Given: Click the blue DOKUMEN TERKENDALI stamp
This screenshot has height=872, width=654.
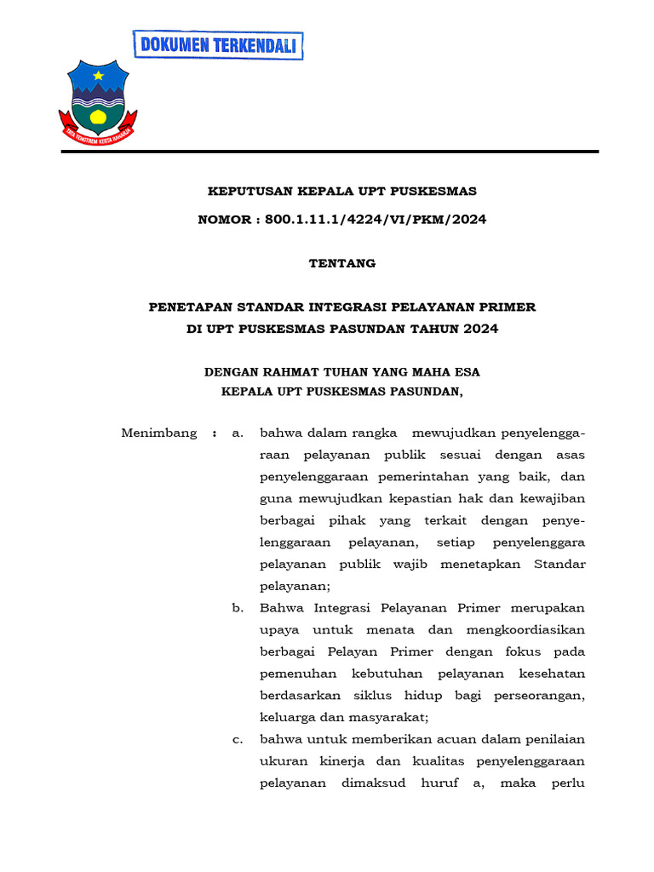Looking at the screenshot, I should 218,45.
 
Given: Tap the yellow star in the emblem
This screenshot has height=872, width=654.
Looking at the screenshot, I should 99,76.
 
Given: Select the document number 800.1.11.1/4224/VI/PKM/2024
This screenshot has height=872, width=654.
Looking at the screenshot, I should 376,220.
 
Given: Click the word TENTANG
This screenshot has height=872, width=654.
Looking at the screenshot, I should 341,263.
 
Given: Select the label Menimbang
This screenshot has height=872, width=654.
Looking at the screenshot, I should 159,433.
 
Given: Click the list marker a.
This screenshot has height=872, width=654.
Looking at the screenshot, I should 238,433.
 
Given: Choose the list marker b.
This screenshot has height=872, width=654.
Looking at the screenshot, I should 238,608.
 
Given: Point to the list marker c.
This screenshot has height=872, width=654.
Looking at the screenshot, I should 238,739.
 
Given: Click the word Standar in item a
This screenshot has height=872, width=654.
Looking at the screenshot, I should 559,564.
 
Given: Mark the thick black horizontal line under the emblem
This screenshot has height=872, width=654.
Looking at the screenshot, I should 330,152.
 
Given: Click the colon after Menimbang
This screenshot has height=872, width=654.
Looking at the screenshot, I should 214,433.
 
